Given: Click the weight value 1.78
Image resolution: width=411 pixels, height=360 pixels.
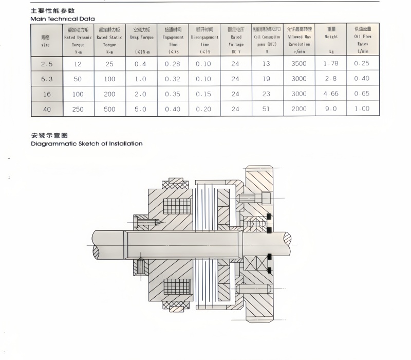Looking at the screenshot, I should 330,64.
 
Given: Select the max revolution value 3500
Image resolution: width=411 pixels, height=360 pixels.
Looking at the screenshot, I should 298,64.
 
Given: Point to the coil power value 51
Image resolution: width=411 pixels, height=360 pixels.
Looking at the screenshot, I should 266,109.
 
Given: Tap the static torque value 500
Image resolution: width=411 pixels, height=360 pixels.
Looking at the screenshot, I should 109,109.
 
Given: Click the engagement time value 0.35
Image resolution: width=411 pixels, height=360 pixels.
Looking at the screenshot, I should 172,94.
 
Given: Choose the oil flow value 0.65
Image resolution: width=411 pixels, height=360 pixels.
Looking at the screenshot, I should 362,94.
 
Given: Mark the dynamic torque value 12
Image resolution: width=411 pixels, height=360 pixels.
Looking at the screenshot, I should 78,64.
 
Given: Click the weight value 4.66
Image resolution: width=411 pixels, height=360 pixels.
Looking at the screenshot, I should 330,94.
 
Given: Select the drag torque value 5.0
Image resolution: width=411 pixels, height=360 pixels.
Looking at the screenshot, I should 140,109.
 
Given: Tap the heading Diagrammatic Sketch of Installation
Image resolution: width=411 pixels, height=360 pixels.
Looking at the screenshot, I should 87,143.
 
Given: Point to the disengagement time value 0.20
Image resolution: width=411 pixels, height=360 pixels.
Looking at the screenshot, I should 204,109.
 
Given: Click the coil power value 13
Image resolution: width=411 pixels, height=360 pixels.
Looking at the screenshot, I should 266,64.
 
